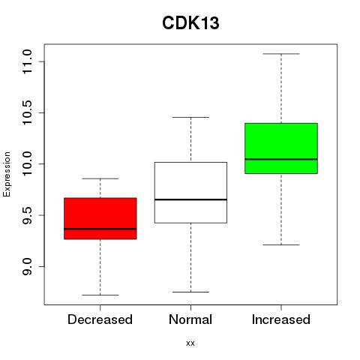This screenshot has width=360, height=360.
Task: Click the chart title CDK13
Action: [x=190, y=23]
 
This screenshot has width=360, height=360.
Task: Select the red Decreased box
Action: [x=100, y=218]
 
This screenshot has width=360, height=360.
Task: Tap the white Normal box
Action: [x=190, y=193]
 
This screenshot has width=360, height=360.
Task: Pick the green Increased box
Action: [x=281, y=148]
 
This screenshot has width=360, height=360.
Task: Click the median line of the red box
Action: [x=100, y=229]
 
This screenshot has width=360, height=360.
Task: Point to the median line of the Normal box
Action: [x=190, y=199]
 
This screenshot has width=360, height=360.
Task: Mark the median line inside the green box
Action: [x=281, y=159]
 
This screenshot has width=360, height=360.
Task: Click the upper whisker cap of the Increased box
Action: [x=281, y=54]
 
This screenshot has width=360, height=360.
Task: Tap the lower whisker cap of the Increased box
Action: [x=281, y=244]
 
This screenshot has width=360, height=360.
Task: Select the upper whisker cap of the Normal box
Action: [x=190, y=117]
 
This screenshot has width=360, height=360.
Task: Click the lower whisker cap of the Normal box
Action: [x=190, y=292]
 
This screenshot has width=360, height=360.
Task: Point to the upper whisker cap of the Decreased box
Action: [x=100, y=178]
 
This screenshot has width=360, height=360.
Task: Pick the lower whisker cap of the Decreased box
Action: [x=100, y=295]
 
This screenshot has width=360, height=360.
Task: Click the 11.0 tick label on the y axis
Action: [x=27, y=61]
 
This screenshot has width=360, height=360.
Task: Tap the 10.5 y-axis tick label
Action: [x=27, y=112]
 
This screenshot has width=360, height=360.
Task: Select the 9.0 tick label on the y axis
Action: [x=27, y=266]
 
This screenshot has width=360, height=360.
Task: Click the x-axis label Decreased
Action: [x=100, y=319]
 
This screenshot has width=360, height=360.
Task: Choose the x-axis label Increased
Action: [x=281, y=319]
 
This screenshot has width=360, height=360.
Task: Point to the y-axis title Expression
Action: [x=7, y=175]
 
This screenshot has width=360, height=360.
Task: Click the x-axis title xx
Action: [x=190, y=343]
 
